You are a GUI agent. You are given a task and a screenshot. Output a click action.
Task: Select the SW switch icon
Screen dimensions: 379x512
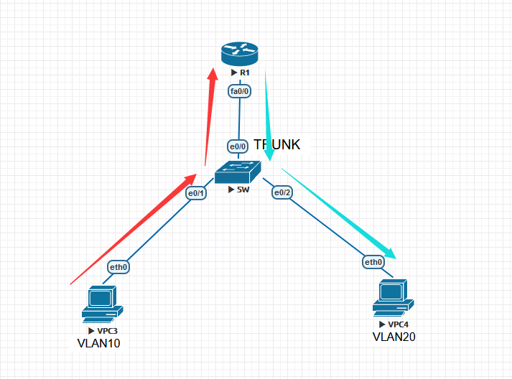(x=238, y=172)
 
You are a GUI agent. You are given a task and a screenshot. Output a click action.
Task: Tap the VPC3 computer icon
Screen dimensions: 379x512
(x=100, y=302)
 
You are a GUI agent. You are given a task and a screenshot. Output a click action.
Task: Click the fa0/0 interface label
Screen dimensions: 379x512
(x=239, y=91)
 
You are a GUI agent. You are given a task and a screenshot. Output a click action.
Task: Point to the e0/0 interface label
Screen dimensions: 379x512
(x=238, y=146)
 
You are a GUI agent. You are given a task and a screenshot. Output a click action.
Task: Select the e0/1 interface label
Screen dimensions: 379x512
(x=196, y=193)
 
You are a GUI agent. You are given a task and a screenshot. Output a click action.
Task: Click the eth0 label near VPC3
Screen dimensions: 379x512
(x=118, y=268)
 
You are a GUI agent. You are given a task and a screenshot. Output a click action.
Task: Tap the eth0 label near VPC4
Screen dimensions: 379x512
(x=373, y=262)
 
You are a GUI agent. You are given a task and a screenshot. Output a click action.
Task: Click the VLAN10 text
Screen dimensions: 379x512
(x=98, y=343)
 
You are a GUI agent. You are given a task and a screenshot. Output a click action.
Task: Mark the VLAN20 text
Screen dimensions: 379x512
(x=394, y=337)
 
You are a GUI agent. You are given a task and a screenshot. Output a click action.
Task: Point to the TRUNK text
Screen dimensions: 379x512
(x=277, y=144)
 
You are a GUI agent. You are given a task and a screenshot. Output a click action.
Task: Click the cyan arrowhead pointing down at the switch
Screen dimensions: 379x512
(x=269, y=154)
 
